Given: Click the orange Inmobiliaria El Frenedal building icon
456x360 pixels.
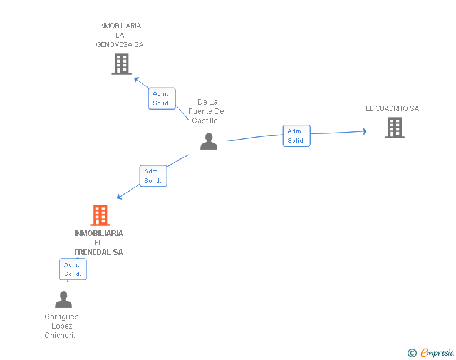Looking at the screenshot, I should pos(100,215).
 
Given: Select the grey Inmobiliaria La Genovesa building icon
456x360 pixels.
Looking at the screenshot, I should pos(121,64).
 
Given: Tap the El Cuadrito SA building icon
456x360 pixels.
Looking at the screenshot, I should pos(394,128).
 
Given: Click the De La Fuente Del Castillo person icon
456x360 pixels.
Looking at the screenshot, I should pos(209,142).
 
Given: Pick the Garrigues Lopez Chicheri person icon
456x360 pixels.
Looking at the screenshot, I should pos(63,300).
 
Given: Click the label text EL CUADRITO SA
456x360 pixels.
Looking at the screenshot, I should pos(392,108).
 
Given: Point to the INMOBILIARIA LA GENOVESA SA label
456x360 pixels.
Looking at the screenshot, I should pos(120,35).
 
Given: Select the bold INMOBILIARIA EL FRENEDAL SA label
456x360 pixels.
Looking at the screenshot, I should pos(98,242).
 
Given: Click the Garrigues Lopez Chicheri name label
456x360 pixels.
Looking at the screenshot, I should pos(61,326).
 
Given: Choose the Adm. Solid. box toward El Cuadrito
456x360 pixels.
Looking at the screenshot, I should pos(296,136).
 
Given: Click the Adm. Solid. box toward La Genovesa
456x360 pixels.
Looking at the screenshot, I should pos(162,98).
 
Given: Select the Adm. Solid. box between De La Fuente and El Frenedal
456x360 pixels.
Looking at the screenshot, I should pos(153,176).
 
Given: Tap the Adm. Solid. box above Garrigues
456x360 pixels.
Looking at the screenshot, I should pos(73,269).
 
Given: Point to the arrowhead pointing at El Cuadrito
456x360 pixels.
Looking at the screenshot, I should pos(365,131).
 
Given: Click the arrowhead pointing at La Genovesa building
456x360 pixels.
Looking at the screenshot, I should pos(136,79).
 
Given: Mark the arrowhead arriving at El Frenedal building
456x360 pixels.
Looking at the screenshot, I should pos(120,197).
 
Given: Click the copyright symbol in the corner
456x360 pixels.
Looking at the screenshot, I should pos(412,353).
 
